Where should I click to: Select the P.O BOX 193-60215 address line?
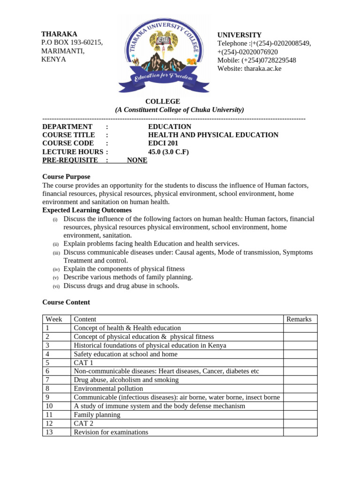click(x=72, y=42)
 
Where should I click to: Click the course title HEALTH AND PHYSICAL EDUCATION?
click(x=213, y=135)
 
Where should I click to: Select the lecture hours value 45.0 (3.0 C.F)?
click(x=168, y=151)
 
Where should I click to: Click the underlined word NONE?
click(x=137, y=160)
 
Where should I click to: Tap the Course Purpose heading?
click(x=66, y=177)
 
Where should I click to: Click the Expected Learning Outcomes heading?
click(x=87, y=210)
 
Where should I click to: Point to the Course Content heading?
click(x=66, y=302)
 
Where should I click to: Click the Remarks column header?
click(x=299, y=319)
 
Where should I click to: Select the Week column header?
click(x=54, y=319)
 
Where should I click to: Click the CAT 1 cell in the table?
click(x=83, y=362)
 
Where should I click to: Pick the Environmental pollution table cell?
click(x=108, y=388)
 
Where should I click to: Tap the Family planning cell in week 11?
click(x=97, y=414)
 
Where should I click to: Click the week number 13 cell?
click(x=49, y=432)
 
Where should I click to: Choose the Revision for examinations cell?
click(x=111, y=432)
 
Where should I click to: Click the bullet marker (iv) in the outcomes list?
click(x=56, y=269)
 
